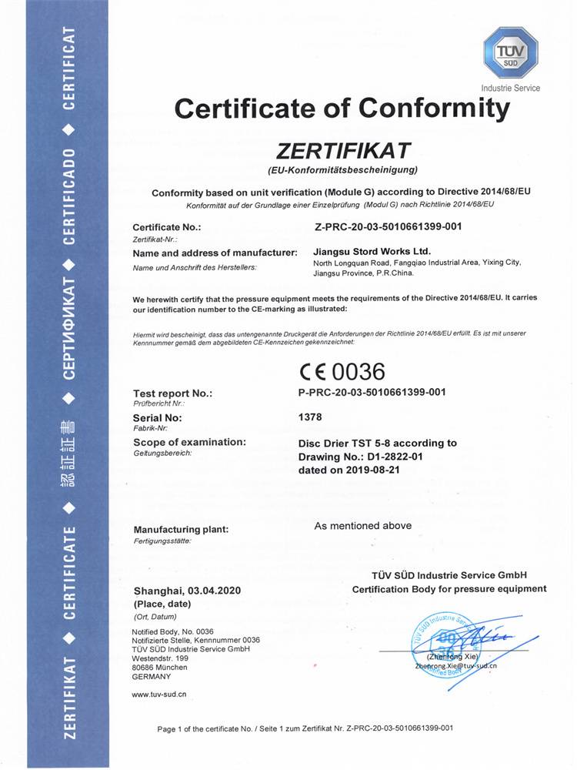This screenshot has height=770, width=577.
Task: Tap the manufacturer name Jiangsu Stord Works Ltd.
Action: click(x=372, y=251)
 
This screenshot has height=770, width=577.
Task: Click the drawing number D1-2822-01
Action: click(x=398, y=457)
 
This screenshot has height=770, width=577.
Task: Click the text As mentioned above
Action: click(x=362, y=526)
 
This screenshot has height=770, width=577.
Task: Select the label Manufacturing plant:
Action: click(x=181, y=530)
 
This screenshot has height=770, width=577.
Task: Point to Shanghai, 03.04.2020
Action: click(x=188, y=591)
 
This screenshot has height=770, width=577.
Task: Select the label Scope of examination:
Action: click(x=189, y=442)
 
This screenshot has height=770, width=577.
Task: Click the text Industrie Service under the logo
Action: click(x=510, y=88)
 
